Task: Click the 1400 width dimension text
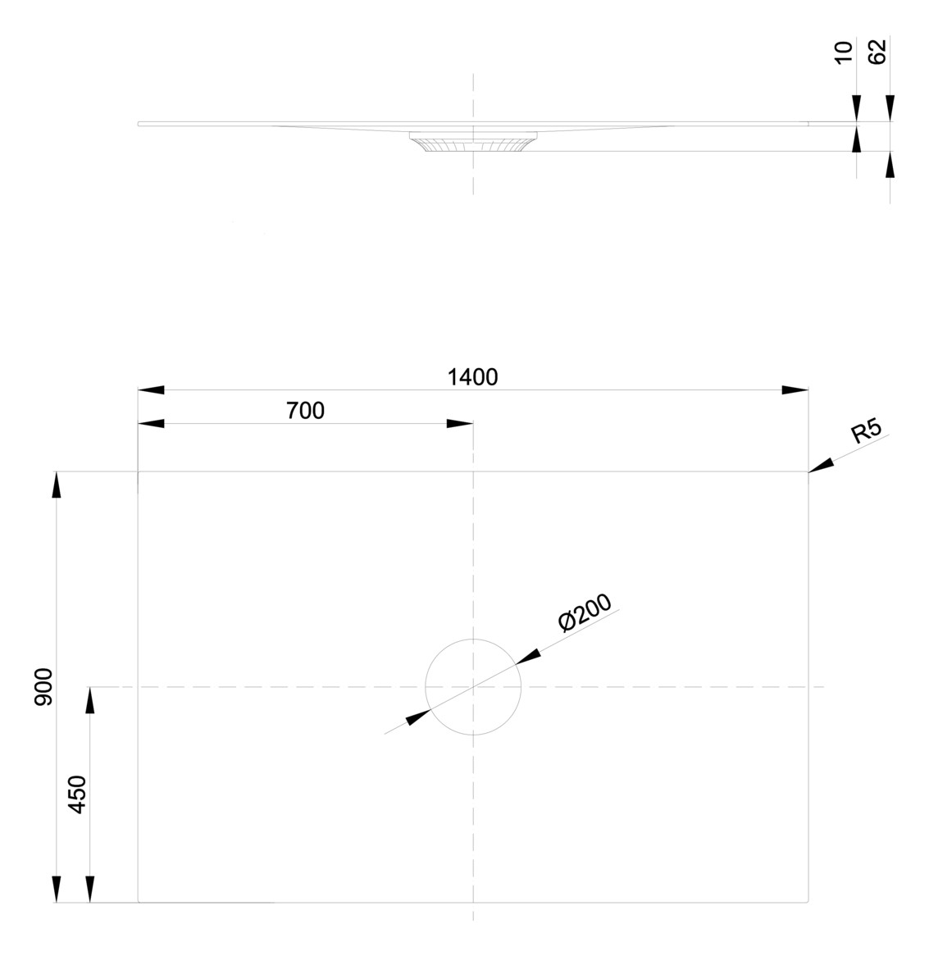coord(472,377)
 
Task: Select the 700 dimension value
coord(305,411)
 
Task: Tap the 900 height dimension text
coord(43,687)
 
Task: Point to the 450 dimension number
coord(77,794)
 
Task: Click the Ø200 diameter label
coord(585,612)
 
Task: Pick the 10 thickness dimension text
coord(845,53)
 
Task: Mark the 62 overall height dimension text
coord(877,52)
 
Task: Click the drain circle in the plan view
coord(473,686)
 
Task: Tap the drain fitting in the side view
coord(473,143)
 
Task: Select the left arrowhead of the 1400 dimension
coord(151,390)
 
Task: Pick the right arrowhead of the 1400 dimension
coord(795,390)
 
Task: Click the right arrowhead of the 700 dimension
coord(460,424)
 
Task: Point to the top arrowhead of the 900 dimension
coord(56,485)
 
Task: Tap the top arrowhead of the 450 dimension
coord(90,699)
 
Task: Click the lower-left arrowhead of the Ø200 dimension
coord(418,717)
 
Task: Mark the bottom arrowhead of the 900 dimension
coord(56,890)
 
